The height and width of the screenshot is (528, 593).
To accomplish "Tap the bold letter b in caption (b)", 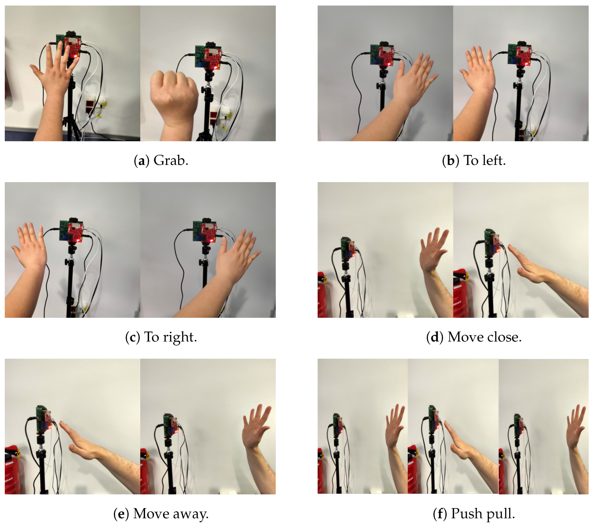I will tap(450, 161).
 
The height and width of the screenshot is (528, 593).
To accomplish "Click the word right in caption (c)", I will tap(180, 337).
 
